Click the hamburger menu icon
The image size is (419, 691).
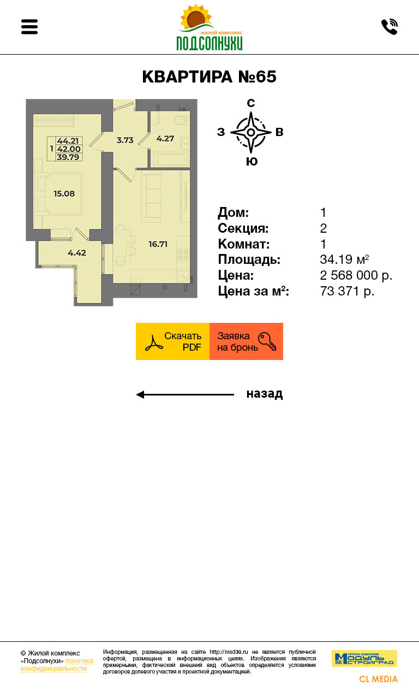[x=29, y=27]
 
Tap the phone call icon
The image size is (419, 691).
[x=390, y=27]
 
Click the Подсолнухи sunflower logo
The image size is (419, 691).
[x=209, y=27]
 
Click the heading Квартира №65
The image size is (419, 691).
[x=209, y=77]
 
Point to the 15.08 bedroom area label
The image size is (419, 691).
[x=64, y=194]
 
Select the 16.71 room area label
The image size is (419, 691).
[x=158, y=244]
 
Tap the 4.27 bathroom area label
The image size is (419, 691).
[x=165, y=139]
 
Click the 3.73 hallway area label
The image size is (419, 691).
[x=125, y=140]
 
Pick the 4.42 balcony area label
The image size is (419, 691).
[x=77, y=253]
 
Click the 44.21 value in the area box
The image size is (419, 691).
[x=68, y=141]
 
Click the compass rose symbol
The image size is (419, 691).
[x=251, y=132]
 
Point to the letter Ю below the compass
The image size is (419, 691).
[x=252, y=162]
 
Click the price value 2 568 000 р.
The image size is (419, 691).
[x=356, y=275]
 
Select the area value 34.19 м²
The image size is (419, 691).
[x=344, y=259]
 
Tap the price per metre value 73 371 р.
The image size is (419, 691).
[x=347, y=291]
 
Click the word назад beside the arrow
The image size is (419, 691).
[x=265, y=394]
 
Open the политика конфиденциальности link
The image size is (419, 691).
[x=57, y=665]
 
